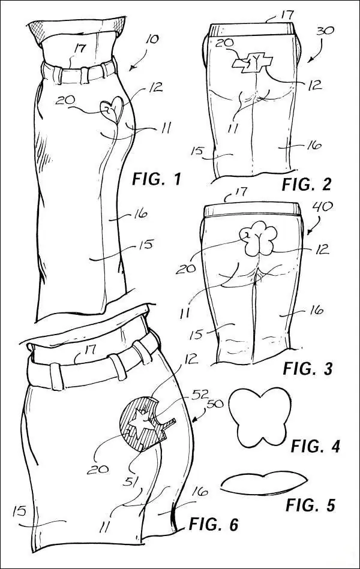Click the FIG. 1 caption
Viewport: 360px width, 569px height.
pyautogui.click(x=156, y=179)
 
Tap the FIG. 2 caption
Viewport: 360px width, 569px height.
pyautogui.click(x=307, y=184)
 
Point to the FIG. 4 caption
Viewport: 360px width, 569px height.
pyautogui.click(x=316, y=445)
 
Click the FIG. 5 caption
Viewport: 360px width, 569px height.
pyautogui.click(x=310, y=505)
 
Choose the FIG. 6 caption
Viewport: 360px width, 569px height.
pyautogui.click(x=213, y=524)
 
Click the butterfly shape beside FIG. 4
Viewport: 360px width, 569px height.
pyautogui.click(x=260, y=417)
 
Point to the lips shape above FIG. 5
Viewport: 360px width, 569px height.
pyautogui.click(x=263, y=483)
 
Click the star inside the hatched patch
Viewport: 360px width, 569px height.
pyautogui.click(x=141, y=422)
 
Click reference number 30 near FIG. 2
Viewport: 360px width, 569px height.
pyautogui.click(x=325, y=30)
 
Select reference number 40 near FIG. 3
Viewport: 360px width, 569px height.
pyautogui.click(x=322, y=207)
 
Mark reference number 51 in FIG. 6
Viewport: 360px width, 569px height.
pyautogui.click(x=131, y=481)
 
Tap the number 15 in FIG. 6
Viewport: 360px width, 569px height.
pyautogui.click(x=19, y=511)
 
